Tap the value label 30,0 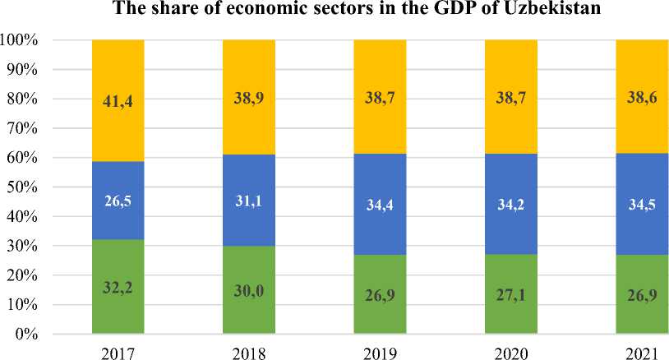[x=248, y=290]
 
